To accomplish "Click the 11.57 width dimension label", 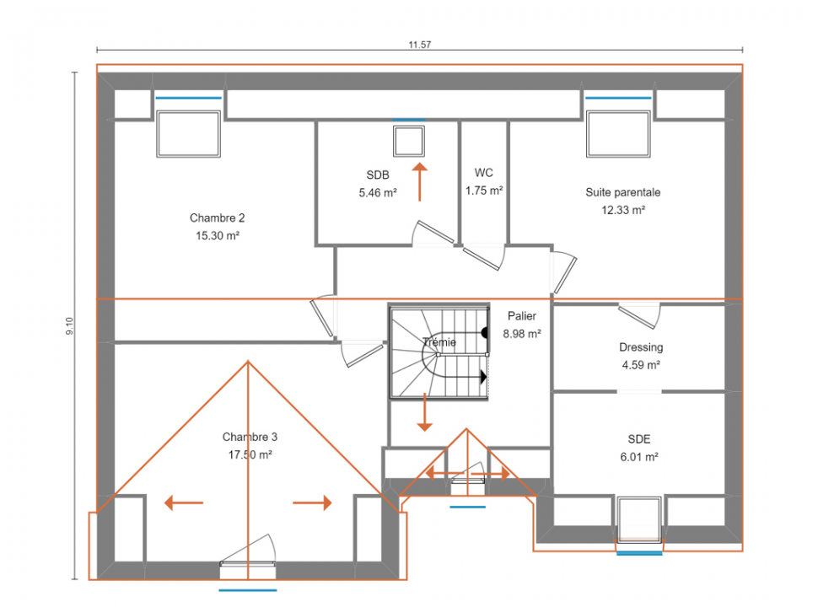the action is [x=419, y=45].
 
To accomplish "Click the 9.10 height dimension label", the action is [x=70, y=326].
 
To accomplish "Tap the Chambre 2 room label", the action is [x=217, y=218].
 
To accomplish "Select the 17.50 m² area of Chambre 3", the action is [x=250, y=454].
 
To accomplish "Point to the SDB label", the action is [x=378, y=175].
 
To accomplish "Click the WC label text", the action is [x=483, y=173].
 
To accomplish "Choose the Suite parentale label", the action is [x=623, y=192].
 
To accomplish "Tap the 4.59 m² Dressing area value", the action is [x=641, y=365].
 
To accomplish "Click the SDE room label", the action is [x=639, y=439].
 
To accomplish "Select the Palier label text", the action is [x=522, y=316].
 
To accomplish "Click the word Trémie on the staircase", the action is [x=439, y=342].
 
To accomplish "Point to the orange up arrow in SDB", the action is [x=419, y=182].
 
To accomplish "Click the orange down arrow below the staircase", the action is [x=425, y=412].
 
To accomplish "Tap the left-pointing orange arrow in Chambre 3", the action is [x=184, y=502].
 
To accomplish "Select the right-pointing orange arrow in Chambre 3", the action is [x=312, y=502].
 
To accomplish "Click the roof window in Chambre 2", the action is [x=188, y=134].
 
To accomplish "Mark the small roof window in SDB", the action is [x=409, y=142].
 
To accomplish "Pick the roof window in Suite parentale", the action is [x=618, y=134].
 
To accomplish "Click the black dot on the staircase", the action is [x=485, y=332].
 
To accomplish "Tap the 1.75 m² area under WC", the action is [x=484, y=191].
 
